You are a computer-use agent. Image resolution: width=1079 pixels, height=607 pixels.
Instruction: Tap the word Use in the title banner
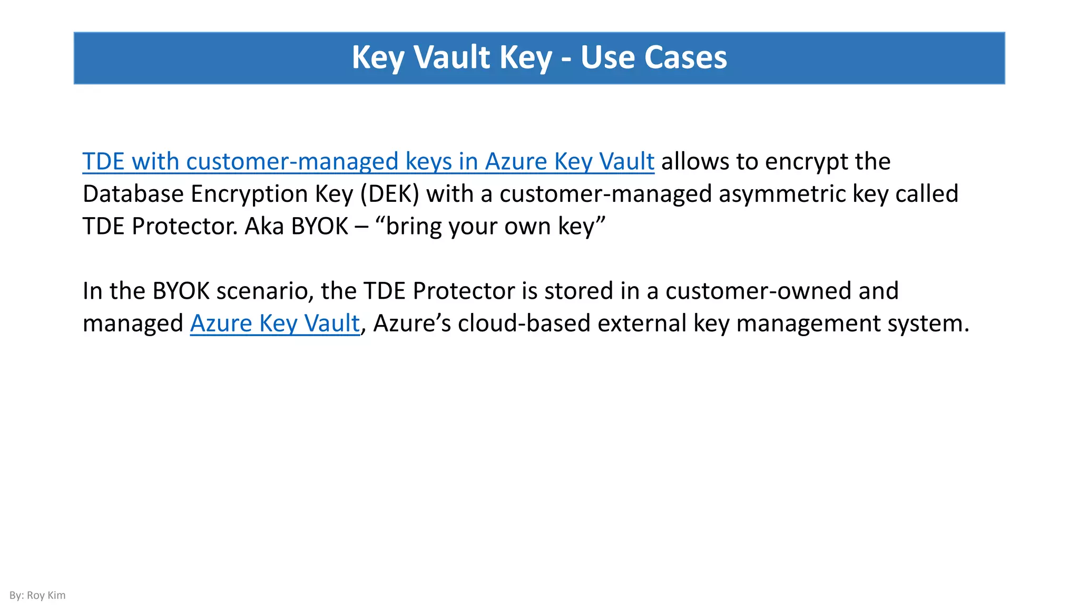[x=607, y=57]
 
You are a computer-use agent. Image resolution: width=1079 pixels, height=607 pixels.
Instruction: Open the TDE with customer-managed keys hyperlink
[x=368, y=161]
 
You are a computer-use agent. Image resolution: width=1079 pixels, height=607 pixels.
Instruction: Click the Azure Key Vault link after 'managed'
[x=274, y=323]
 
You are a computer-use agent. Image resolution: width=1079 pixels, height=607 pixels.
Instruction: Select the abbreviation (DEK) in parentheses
[x=390, y=194]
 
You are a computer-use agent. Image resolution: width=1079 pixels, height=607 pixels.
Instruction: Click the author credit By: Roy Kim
[x=37, y=595]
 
